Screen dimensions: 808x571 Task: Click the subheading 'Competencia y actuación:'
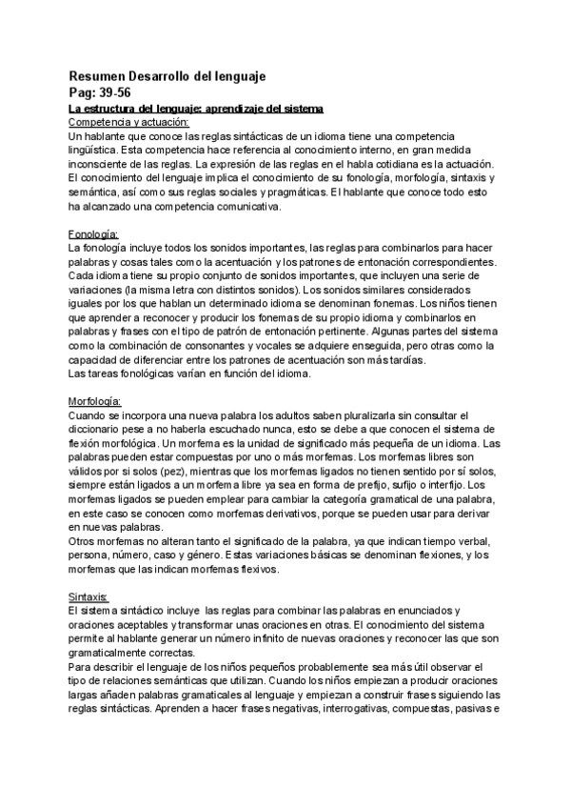[129, 122]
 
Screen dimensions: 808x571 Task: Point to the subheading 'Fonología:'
[93, 233]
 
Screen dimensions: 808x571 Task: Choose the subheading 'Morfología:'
[98, 401]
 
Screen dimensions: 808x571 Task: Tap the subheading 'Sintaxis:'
[90, 596]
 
